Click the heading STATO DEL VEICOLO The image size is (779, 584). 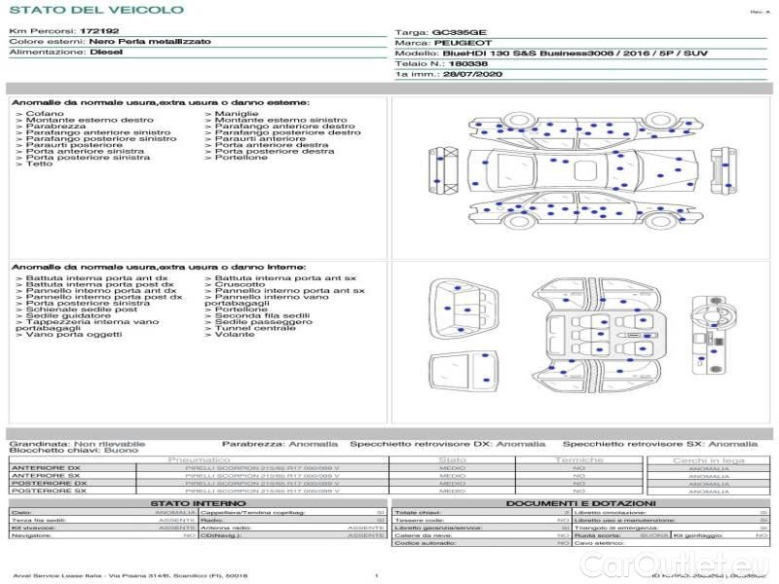click(95, 10)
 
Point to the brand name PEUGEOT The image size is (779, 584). click(456, 44)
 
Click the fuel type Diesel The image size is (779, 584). click(106, 53)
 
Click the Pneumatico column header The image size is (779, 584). click(199, 459)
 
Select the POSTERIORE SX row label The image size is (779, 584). click(48, 492)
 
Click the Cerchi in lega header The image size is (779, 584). click(708, 459)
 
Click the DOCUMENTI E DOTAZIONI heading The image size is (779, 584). click(577, 502)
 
